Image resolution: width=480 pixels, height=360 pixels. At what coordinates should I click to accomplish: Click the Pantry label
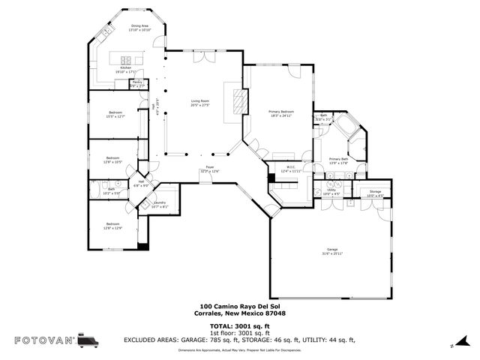137,84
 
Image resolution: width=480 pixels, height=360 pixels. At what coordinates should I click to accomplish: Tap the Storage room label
375,193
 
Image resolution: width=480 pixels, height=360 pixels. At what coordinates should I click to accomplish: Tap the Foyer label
210,169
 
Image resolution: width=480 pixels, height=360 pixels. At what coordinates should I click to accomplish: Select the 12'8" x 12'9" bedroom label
112,226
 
